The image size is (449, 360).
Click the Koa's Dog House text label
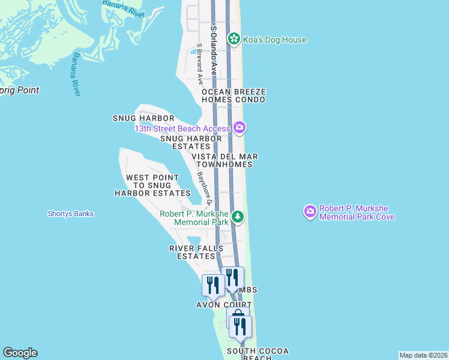click(275, 40)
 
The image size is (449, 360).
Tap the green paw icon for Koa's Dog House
click(234, 40)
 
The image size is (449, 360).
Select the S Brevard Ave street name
click(200, 59)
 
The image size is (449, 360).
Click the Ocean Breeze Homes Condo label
click(234, 95)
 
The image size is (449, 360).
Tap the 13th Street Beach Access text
click(182, 128)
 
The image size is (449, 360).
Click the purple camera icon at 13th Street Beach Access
click(240, 127)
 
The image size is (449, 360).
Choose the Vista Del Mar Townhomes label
click(226, 160)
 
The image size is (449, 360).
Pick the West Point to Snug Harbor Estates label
click(152, 185)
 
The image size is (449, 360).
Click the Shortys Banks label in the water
click(71, 214)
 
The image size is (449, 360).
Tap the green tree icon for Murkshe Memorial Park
click(238, 217)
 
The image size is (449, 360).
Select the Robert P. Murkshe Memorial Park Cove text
click(357, 212)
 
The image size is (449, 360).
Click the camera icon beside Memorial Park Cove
click(310, 212)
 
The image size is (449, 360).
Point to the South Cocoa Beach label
click(250, 354)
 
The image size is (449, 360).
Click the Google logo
click(20, 353)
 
